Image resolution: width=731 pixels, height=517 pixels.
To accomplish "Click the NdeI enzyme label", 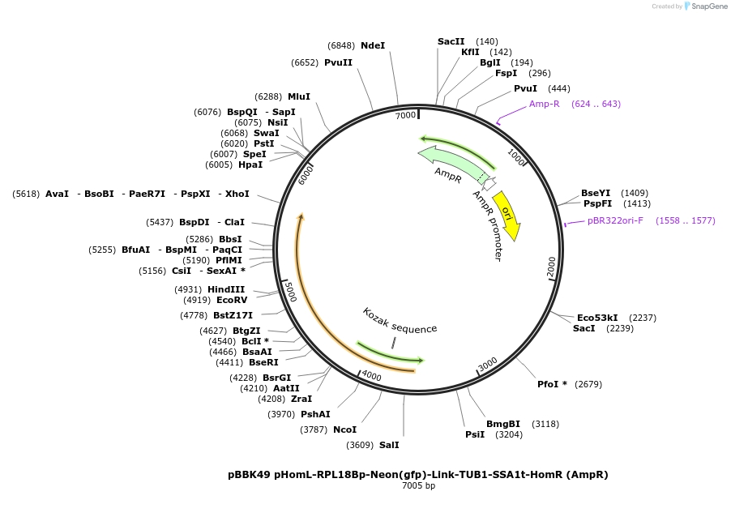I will pyautogui.click(x=373, y=45).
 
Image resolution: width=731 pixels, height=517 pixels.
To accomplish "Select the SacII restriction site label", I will pyautogui.click(x=451, y=41).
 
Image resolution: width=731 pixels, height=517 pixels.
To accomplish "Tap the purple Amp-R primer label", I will pyautogui.click(x=545, y=104).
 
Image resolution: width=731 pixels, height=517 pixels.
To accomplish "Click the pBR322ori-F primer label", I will pyautogui.click(x=616, y=220).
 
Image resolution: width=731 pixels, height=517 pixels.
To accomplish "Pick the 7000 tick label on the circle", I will pyautogui.click(x=405, y=116).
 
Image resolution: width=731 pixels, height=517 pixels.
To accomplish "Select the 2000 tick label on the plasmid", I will pyautogui.click(x=551, y=266).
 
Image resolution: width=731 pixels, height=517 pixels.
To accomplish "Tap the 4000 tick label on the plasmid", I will pyautogui.click(x=371, y=375).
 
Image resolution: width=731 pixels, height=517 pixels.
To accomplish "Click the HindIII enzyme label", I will pyautogui.click(x=226, y=289).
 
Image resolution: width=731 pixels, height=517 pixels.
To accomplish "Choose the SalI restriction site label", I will pyautogui.click(x=389, y=445).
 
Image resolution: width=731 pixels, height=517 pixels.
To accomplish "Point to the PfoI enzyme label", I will pyautogui.click(x=552, y=384).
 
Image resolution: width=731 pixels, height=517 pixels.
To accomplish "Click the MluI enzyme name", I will pyautogui.click(x=299, y=96).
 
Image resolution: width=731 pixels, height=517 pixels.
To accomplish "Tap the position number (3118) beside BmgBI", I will pyautogui.click(x=545, y=424).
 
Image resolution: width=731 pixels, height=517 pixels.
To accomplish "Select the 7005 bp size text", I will pyautogui.click(x=418, y=486).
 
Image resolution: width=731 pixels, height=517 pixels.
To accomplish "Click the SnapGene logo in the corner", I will pyautogui.click(x=703, y=6).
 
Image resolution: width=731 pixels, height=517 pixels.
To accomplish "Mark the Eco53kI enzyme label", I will pyautogui.click(x=597, y=318).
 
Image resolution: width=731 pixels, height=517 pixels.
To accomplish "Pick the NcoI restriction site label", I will pyautogui.click(x=344, y=429).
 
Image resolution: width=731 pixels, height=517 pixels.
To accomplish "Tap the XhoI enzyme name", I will pyautogui.click(x=237, y=194).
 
